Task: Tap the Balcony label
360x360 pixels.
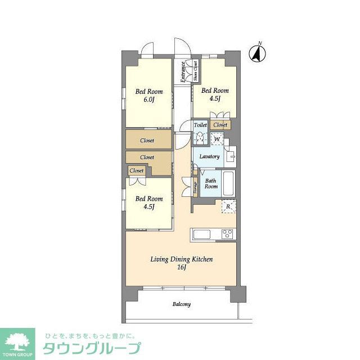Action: pyautogui.click(x=181, y=304)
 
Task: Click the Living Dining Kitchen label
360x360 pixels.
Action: pyautogui.click(x=181, y=259)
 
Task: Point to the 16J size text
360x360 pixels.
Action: pyautogui.click(x=181, y=268)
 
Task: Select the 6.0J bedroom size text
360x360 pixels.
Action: pyautogui.click(x=148, y=100)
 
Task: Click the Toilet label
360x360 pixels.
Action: pyautogui.click(x=200, y=125)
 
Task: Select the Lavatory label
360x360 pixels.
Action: pyautogui.click(x=209, y=156)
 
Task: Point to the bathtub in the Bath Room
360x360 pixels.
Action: pyautogui.click(x=227, y=183)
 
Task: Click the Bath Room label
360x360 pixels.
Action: pyautogui.click(x=211, y=183)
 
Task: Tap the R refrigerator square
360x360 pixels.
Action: pyautogui.click(x=228, y=207)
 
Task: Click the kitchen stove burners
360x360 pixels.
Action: pyautogui.click(x=228, y=234)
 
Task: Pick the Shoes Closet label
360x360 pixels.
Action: pyautogui.click(x=195, y=72)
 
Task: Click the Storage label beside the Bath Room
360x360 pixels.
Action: pyautogui.click(x=195, y=187)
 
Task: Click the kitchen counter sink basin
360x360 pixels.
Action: pyautogui.click(x=201, y=234)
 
